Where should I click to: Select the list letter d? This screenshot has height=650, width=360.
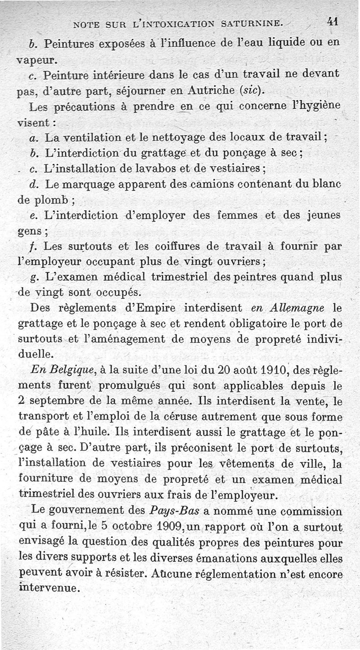[x=32, y=184]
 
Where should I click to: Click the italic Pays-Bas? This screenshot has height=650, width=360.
[x=175, y=511]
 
